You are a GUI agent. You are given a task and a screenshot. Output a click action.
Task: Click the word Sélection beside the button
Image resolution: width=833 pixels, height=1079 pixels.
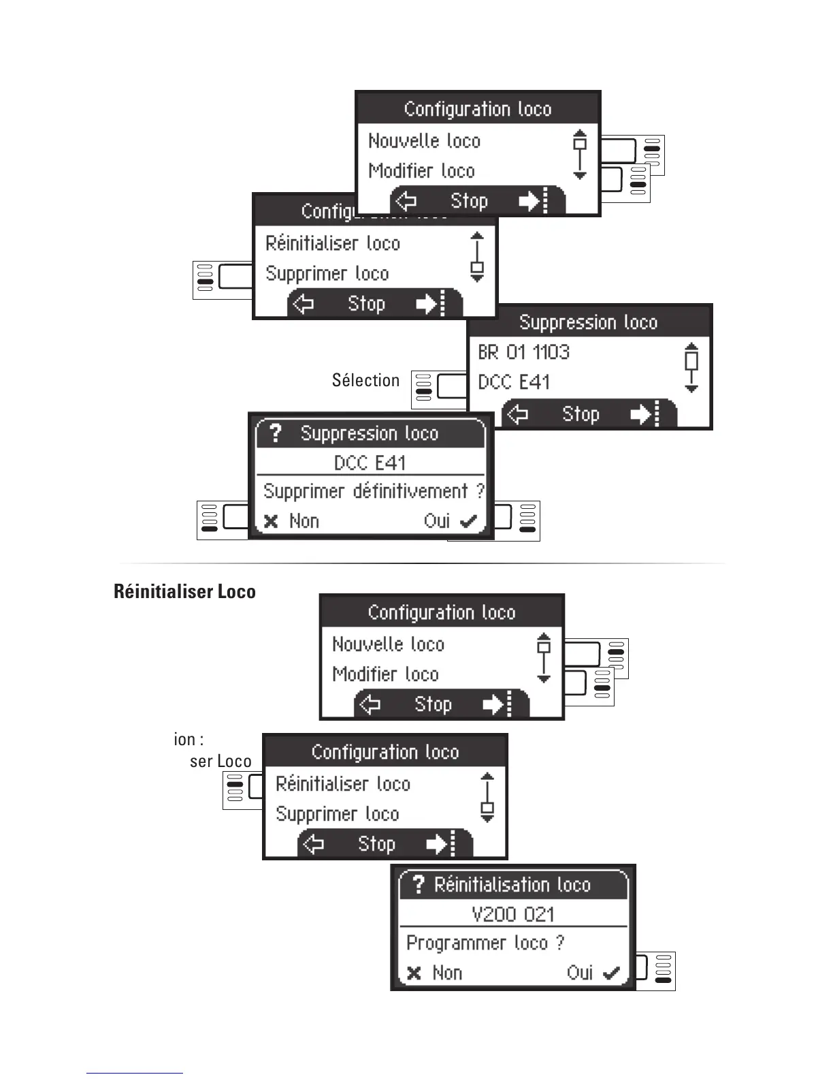point(365,380)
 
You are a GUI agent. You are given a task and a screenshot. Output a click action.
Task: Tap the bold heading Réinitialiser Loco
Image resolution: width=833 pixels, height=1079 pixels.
point(184,591)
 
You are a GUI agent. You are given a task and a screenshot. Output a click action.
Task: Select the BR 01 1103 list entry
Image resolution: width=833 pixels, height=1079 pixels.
point(523,352)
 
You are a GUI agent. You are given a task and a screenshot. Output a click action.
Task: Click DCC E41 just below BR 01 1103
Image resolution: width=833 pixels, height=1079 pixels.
point(513,382)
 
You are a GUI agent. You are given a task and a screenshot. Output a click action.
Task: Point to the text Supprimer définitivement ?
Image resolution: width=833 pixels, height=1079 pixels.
point(374,491)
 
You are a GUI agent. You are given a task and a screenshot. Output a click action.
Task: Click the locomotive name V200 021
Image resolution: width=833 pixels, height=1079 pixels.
point(512,914)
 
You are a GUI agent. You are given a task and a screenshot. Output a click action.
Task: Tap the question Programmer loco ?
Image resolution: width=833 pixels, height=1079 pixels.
point(485,943)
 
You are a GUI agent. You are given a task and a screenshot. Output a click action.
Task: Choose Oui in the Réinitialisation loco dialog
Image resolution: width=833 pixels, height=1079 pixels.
point(580,973)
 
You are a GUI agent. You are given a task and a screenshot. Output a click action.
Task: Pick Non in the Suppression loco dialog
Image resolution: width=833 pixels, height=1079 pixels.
point(304,521)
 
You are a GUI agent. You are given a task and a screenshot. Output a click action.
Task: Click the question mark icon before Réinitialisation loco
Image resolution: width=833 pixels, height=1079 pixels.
point(419,884)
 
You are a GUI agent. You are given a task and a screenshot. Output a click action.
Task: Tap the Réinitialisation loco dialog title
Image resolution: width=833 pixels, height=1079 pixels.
point(512,885)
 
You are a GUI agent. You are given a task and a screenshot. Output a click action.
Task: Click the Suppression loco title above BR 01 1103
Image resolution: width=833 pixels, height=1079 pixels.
point(588,322)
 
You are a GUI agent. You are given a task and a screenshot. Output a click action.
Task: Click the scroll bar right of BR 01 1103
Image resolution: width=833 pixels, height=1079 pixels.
point(691,367)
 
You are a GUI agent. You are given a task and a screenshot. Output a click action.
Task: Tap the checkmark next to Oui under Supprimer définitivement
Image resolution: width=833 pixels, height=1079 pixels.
point(468,522)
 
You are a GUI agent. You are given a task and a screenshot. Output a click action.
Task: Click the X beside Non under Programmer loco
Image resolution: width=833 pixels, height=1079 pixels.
point(414,973)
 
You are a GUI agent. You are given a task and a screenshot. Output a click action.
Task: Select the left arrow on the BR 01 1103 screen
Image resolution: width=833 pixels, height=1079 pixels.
point(518,414)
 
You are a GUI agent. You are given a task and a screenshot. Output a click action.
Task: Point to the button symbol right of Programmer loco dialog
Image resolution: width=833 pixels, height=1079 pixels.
point(655,970)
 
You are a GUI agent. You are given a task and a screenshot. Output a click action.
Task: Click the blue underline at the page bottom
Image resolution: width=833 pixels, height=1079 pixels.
point(134,1073)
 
